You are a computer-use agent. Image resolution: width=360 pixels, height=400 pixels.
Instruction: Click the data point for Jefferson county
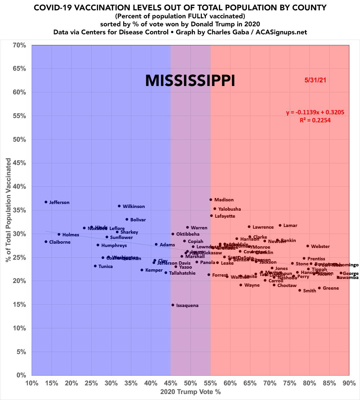pyautogui.click(x=46, y=202)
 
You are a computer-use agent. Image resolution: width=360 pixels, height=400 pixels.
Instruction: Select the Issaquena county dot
pyautogui.click(x=173, y=305)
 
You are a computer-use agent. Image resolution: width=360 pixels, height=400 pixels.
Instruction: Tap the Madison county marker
pyautogui.click(x=211, y=200)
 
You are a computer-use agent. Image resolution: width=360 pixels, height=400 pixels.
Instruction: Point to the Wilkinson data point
pyautogui.click(x=119, y=206)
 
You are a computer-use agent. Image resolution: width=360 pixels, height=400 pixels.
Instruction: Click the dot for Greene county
pyautogui.click(x=319, y=288)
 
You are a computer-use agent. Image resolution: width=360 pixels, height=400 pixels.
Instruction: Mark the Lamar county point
pyautogui.click(x=280, y=225)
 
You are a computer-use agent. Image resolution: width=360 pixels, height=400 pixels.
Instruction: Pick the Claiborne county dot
pyautogui.click(x=46, y=242)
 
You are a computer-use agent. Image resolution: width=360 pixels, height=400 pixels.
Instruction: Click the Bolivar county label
pyautogui.click(x=138, y=220)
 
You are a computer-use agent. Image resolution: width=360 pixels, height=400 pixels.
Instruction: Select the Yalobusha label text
pyautogui.click(x=229, y=209)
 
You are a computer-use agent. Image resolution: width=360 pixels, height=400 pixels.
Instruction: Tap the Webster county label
pyautogui.click(x=320, y=246)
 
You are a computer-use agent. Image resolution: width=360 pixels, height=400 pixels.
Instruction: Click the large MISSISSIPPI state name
pyautogui.click(x=190, y=81)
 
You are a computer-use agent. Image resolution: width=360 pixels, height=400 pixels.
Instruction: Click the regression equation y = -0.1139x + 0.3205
pyautogui.click(x=315, y=112)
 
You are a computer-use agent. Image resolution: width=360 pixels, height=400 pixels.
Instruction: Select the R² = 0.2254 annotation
pyautogui.click(x=315, y=120)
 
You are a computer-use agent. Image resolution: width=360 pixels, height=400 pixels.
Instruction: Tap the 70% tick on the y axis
pyautogui.click(x=19, y=45)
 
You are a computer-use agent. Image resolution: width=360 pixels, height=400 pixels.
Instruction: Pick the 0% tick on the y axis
pyautogui.click(x=21, y=375)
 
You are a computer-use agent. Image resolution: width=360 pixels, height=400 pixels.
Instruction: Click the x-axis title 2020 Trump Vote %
pyautogui.click(x=190, y=392)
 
